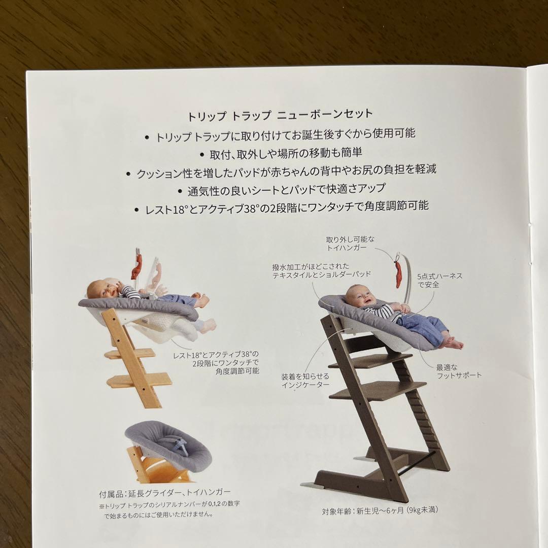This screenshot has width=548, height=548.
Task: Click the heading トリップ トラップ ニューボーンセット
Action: (280, 114)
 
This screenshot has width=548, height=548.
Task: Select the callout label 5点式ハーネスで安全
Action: (432, 281)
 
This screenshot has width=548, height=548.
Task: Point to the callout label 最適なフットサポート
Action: (459, 370)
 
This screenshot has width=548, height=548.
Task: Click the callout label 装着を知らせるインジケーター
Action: (305, 381)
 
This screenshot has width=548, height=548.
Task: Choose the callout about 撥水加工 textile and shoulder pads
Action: (321, 269)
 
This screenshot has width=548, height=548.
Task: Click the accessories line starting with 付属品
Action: (165, 492)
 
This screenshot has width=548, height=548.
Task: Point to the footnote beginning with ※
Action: (161, 509)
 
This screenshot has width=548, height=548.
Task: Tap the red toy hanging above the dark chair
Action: (398, 274)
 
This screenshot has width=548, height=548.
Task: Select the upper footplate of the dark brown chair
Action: (369, 360)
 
